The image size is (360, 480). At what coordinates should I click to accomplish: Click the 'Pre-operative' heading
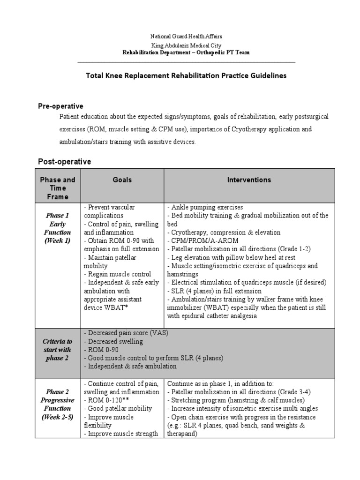pyautogui.click(x=60, y=106)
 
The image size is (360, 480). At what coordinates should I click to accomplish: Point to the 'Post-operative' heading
pyautogui.click(x=64, y=162)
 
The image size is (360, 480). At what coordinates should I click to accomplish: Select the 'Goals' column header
pyautogui.click(x=122, y=180)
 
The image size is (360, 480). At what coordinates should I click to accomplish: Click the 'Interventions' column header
pyautogui.click(x=249, y=180)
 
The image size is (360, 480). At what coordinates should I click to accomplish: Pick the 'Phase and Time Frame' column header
pyautogui.click(x=58, y=188)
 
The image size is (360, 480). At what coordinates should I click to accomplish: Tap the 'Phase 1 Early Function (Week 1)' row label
pyautogui.click(x=58, y=228)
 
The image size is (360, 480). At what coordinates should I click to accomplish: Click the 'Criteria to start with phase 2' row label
pyautogui.click(x=58, y=349)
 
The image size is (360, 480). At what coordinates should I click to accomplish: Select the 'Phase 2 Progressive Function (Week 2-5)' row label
pyautogui.click(x=58, y=404)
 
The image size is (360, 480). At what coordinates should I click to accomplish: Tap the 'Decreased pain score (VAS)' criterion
pyautogui.click(x=126, y=333)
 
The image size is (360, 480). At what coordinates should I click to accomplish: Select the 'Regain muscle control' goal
pyautogui.click(x=117, y=274)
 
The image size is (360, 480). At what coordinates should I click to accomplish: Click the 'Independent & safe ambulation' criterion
pyautogui.click(x=130, y=367)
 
